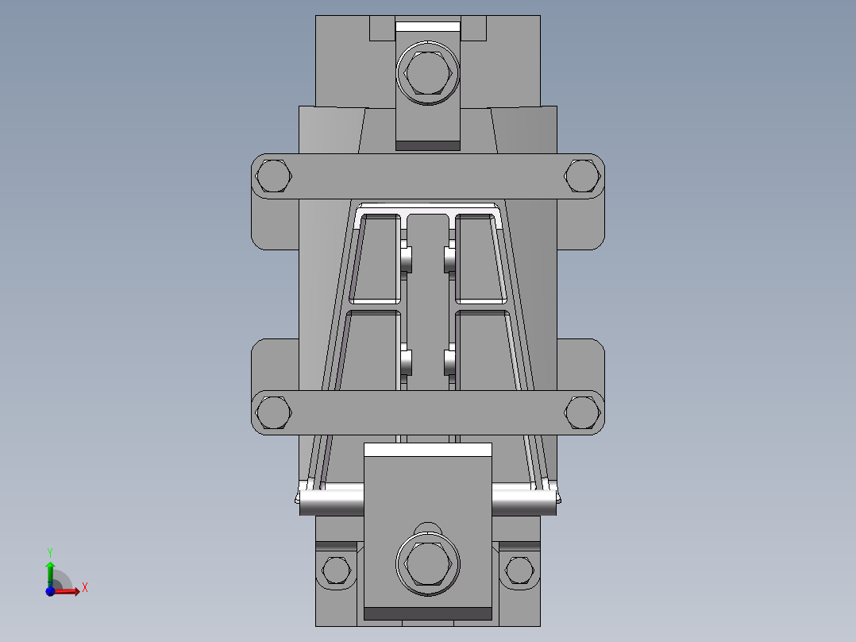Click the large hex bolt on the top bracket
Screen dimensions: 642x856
pos(428,74)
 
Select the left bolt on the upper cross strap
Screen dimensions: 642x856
pos(274,176)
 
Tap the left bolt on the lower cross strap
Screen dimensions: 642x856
pos(274,412)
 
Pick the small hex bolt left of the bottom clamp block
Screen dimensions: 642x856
pos(336,570)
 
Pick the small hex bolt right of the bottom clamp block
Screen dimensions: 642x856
pos(519,570)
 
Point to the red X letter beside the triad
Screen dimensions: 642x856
pos(84,588)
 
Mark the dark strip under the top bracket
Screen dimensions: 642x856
pos(428,145)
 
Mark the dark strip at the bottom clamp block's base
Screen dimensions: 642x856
pos(428,613)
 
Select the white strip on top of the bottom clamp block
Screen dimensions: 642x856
pos(428,450)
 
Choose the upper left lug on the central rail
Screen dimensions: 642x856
pos(406,259)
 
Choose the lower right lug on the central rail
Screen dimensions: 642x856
pos(449,362)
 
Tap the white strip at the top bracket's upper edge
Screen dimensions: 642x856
pos(428,26)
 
